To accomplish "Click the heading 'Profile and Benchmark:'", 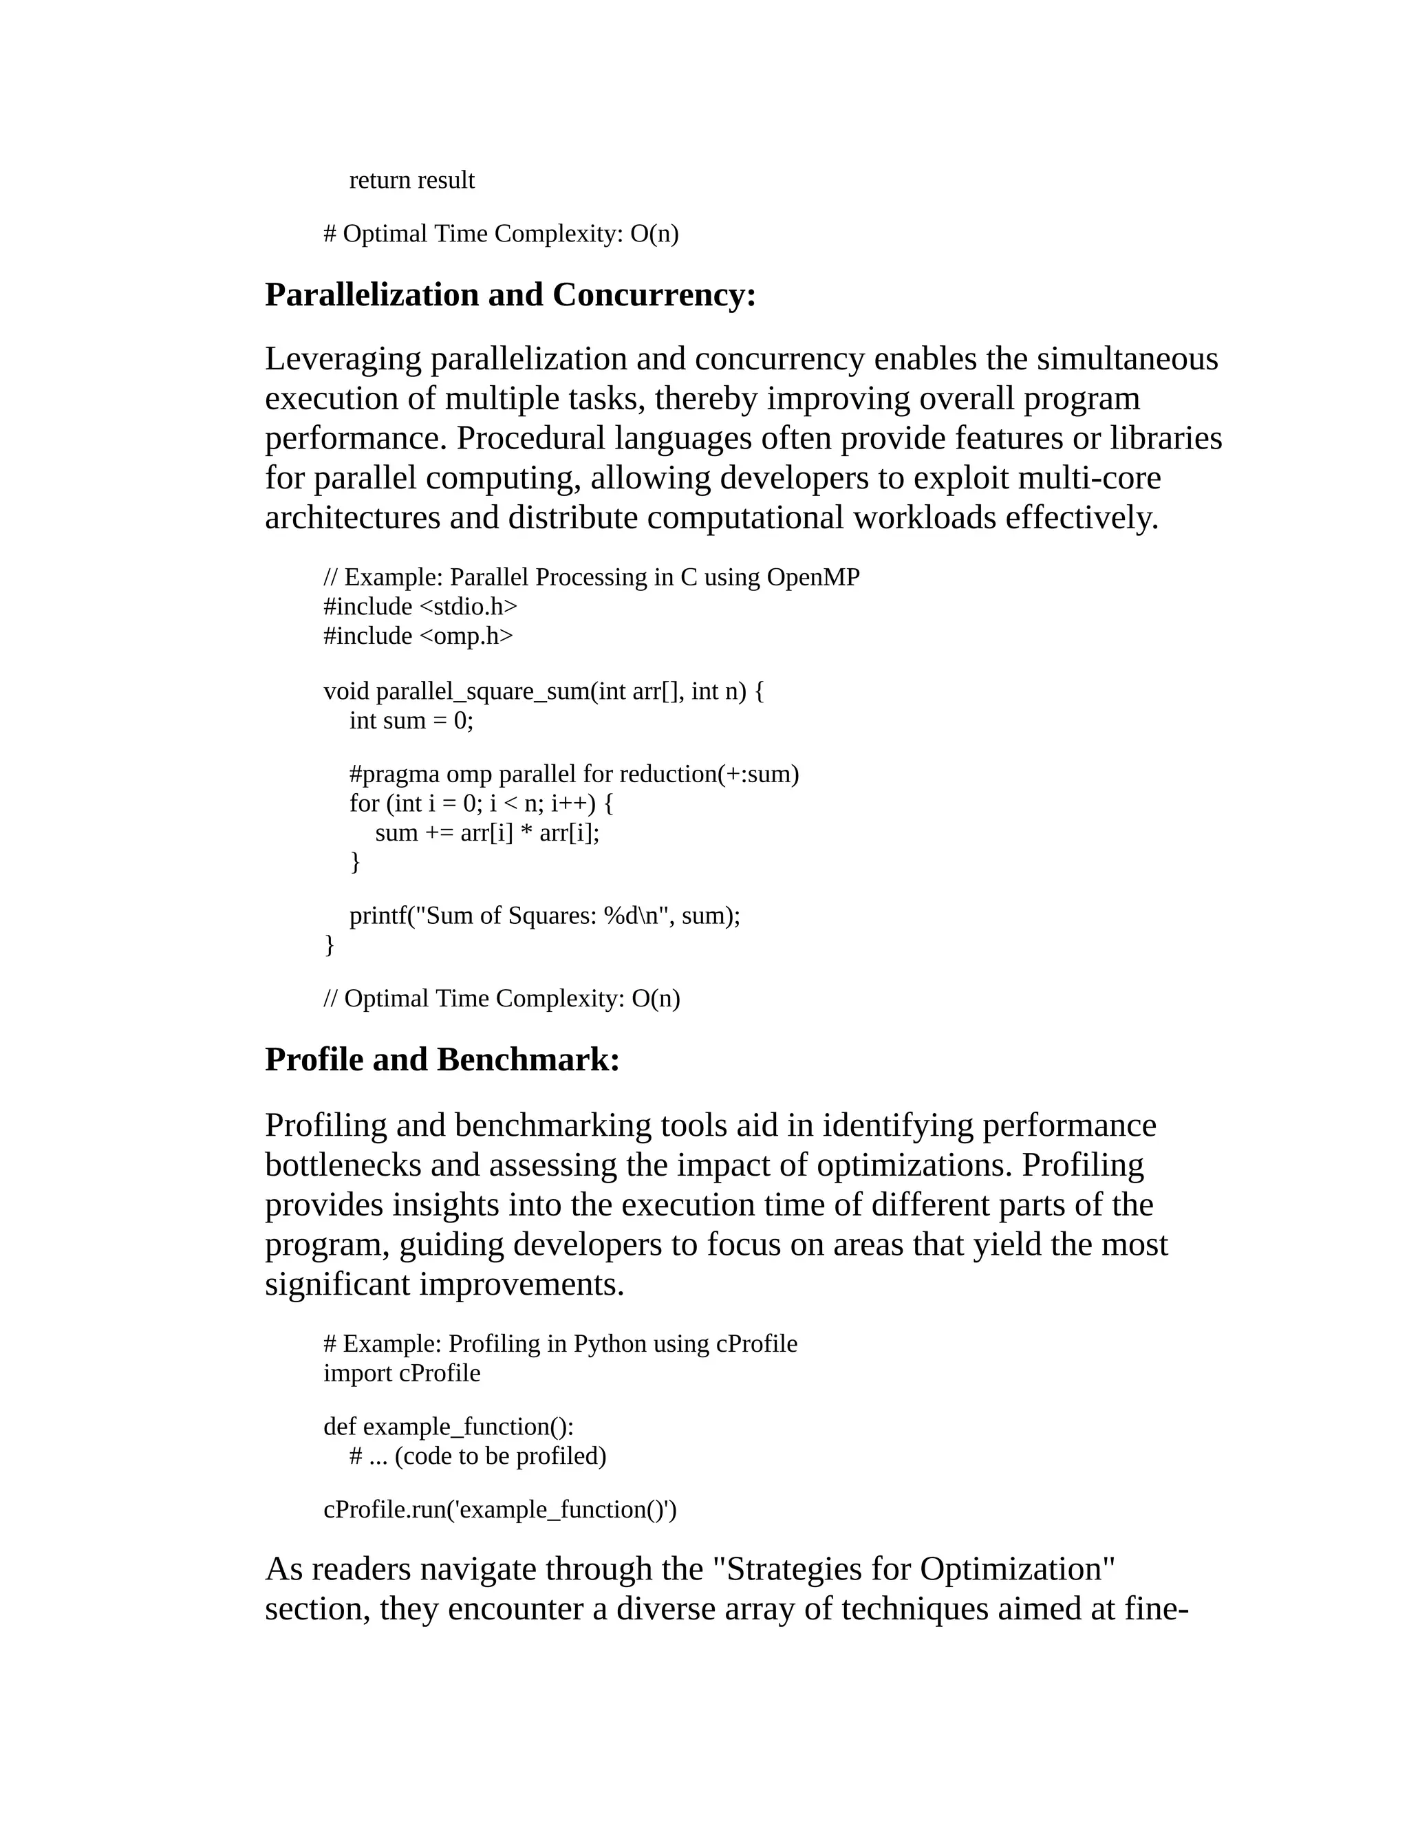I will [x=442, y=1060].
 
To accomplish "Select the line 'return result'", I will [x=411, y=180].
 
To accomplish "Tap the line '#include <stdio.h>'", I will [x=420, y=606].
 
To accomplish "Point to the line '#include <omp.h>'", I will [x=418, y=636].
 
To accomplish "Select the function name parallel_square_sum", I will [x=482, y=691].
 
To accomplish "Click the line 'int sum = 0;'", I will [x=411, y=720].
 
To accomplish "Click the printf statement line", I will [x=544, y=916].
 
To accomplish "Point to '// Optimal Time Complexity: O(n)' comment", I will [x=502, y=998].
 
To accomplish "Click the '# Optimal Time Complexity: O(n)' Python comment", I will [x=501, y=234].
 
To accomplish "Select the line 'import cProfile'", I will [x=402, y=1373].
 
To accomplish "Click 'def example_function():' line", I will [x=449, y=1427].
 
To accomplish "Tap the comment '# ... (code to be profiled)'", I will [x=477, y=1456].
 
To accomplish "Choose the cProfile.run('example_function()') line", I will [x=500, y=1509].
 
